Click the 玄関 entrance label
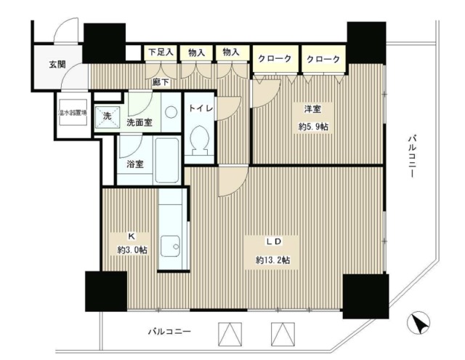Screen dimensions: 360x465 coord(57,64)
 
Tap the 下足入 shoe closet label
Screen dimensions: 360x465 coord(161,52)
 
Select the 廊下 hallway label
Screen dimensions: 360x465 coord(161,81)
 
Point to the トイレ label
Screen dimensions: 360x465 coord(200,108)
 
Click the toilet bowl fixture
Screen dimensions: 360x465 coord(199,137)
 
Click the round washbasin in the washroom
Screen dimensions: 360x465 coord(170,113)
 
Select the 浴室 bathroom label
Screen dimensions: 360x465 coord(135,164)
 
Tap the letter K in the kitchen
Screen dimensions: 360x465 coord(132,236)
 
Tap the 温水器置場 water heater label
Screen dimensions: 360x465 coord(73,113)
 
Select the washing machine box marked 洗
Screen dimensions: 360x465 coord(107,117)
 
